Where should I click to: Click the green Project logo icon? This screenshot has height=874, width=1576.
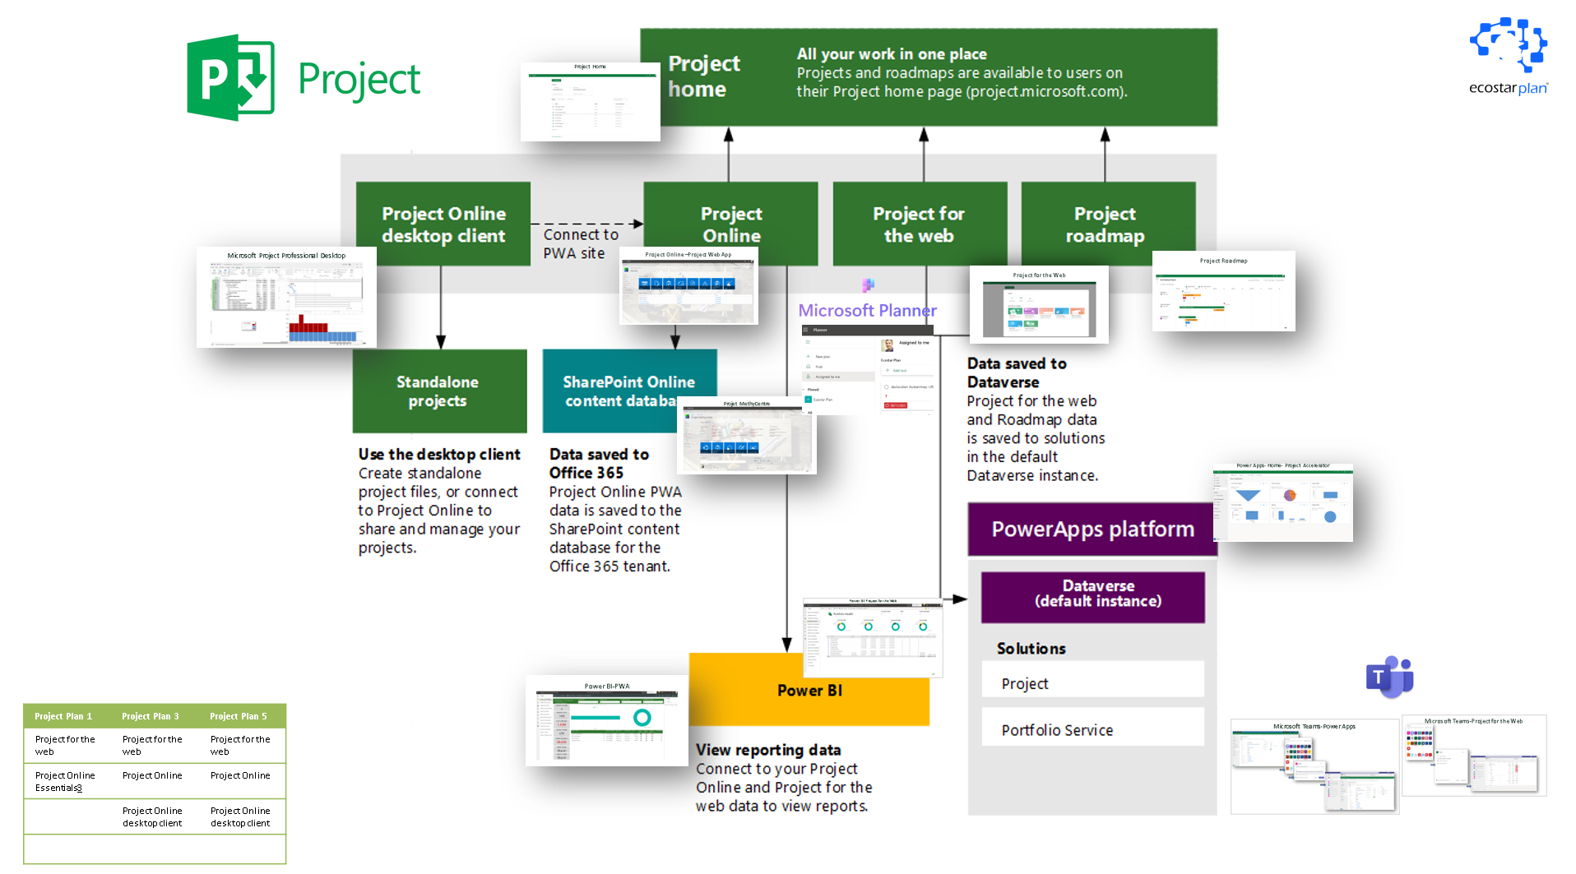pyautogui.click(x=230, y=77)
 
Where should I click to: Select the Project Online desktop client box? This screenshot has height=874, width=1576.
pyautogui.click(x=443, y=224)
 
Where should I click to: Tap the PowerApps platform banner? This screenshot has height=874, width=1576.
pyautogui.click(x=1092, y=529)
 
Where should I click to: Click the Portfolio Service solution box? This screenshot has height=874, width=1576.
pyautogui.click(x=1092, y=729)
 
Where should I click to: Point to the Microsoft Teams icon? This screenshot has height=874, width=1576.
pyautogui.click(x=1389, y=677)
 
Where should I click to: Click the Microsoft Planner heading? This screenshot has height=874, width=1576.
pyautogui.click(x=867, y=311)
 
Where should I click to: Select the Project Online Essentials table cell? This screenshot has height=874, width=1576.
pyautogui.click(x=65, y=782)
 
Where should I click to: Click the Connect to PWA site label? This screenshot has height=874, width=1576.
pyautogui.click(x=580, y=244)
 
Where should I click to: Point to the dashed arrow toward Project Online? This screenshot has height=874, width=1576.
pyautogui.click(x=586, y=224)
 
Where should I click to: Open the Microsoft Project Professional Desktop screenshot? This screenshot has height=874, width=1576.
pyautogui.click(x=286, y=298)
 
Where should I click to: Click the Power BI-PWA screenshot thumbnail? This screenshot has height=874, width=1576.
pyautogui.click(x=606, y=721)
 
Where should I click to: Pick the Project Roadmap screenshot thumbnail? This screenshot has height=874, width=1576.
pyautogui.click(x=1223, y=291)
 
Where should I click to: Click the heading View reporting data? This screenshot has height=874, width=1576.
pyautogui.click(x=768, y=750)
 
